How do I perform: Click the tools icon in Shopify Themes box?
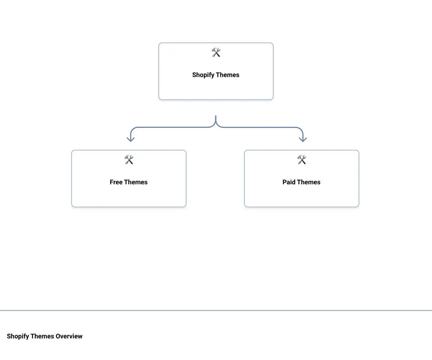coord(216,53)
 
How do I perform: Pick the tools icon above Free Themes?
coord(129,160)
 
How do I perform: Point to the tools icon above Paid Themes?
coord(302,160)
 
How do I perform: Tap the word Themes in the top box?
coord(228,75)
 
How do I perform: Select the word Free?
coord(116,182)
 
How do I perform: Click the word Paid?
coord(289,182)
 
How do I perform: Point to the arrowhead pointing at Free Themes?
coord(131,139)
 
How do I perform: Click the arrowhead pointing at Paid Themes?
coord(303,139)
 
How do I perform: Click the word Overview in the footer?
coord(69,336)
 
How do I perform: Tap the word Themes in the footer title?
coord(42,336)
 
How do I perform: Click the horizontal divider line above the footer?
coord(216,310)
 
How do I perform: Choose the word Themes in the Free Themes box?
coord(136,182)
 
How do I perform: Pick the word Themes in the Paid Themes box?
coord(309,182)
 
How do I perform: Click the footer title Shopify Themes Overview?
coord(45,336)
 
